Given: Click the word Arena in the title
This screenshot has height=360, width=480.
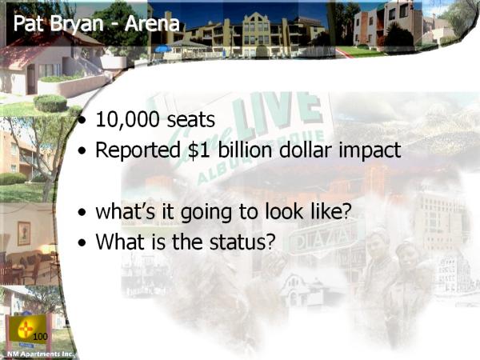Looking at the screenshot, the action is point(151,23).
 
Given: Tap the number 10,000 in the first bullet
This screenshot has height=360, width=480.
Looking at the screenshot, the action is point(127,119).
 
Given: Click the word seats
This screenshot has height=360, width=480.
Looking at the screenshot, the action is point(190,120).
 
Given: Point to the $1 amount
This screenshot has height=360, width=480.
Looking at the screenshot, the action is point(199,150).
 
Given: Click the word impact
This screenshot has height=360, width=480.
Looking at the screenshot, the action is point(370,151).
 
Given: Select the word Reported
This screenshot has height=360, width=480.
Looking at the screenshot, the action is point(138,151).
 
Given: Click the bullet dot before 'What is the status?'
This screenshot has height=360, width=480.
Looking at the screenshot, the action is point(82,242).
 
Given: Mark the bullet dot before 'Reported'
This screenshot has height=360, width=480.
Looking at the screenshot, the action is point(82,150).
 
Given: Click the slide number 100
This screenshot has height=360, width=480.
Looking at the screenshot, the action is point(40,337).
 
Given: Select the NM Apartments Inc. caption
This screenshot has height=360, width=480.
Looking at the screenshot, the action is point(41,354).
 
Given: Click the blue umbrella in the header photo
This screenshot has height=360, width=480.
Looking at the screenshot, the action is point(163,49).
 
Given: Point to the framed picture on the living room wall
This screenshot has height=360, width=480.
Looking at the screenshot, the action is point(24,234).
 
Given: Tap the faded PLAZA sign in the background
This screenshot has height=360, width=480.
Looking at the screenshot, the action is point(323,238).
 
